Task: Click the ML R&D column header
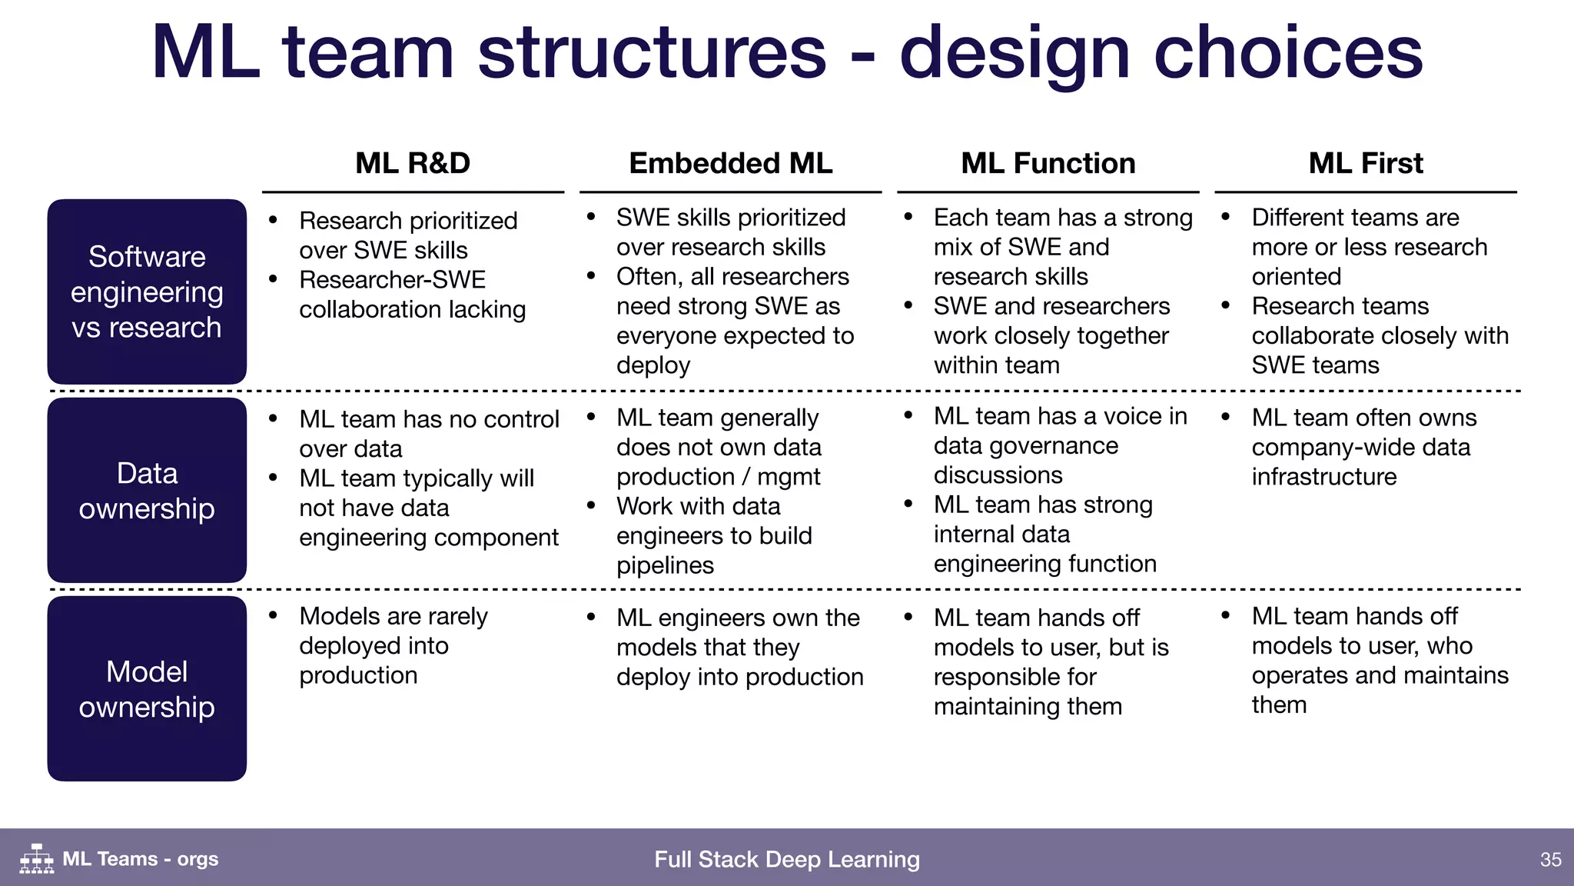413,163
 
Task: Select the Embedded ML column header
730,163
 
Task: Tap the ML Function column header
1048,163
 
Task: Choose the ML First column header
1366,163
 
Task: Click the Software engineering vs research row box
147,291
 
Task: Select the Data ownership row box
147,490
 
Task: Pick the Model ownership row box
147,688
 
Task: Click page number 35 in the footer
1550,859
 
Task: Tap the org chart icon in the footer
37,858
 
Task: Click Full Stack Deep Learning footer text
786,859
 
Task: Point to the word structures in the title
652,52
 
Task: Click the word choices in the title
1288,52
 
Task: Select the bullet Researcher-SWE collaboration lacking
412,295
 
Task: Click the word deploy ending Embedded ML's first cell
653,365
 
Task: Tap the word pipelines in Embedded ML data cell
665,565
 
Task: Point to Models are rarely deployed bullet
393,645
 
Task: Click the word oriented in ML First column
1296,276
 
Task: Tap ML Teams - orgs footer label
140,859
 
